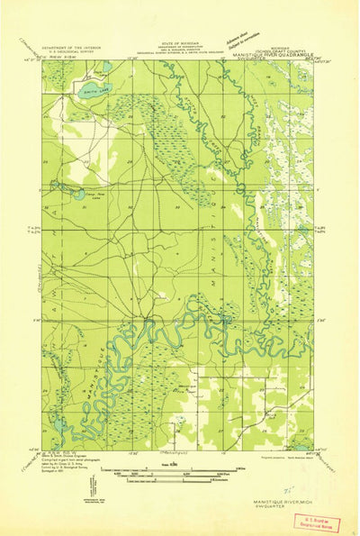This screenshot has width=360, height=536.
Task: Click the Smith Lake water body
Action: pyautogui.click(x=83, y=88)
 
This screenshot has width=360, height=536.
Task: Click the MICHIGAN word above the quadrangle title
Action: pyautogui.click(x=281, y=40)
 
